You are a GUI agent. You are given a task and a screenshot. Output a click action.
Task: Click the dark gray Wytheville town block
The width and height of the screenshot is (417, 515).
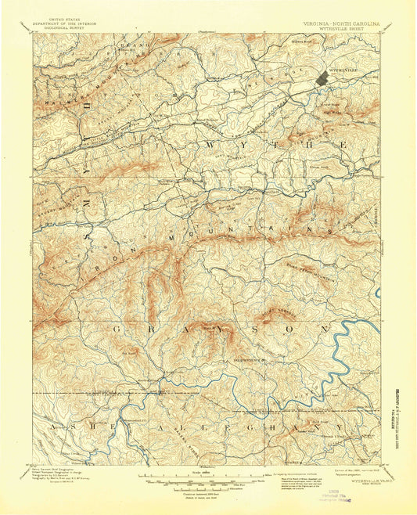(323, 78)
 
